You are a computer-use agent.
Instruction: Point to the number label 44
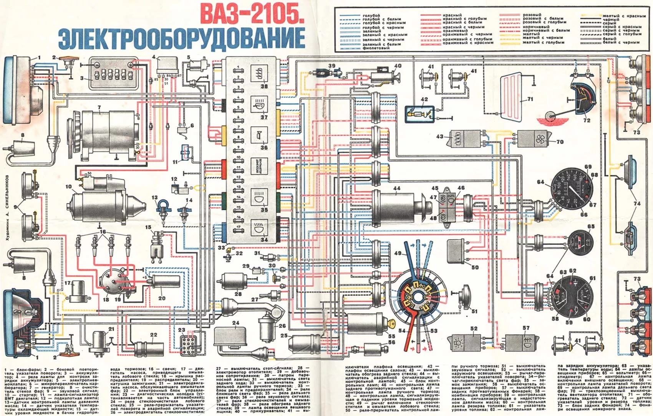[x=396, y=188]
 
